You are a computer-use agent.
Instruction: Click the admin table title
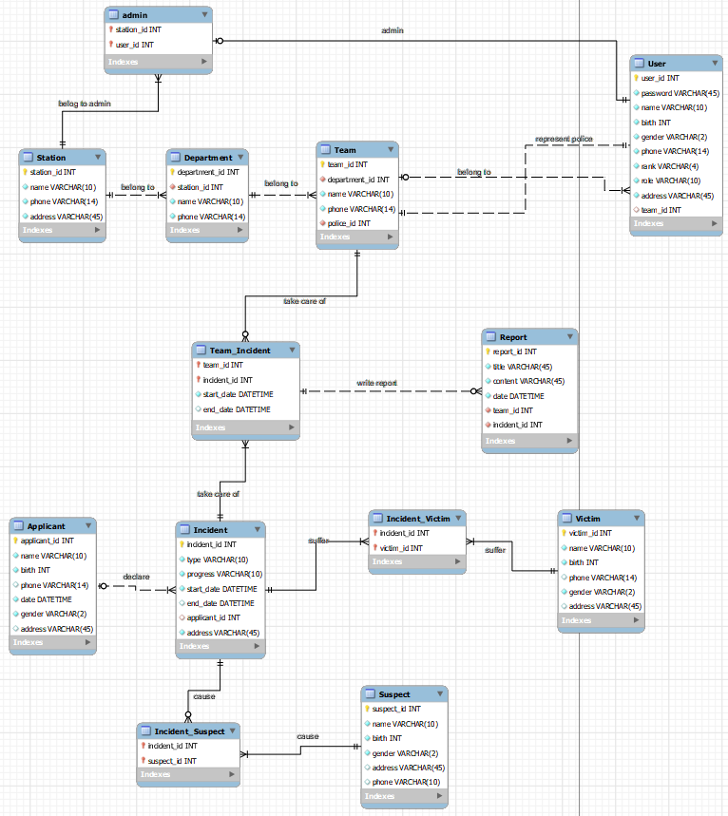(135, 15)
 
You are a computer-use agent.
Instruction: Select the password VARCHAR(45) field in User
(680, 93)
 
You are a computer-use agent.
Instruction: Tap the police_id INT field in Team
(349, 223)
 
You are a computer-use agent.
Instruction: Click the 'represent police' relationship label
(564, 139)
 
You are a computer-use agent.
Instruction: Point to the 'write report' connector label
(376, 383)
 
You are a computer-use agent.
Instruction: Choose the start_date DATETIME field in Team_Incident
(238, 394)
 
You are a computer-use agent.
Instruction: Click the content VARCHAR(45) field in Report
(528, 381)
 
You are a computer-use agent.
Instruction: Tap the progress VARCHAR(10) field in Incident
(224, 574)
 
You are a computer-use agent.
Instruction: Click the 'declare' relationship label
(136, 577)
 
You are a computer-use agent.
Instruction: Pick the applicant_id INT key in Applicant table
(48, 541)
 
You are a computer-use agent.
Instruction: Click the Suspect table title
(394, 694)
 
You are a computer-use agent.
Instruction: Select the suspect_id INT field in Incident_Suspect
(172, 761)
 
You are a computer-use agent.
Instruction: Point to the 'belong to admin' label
(85, 103)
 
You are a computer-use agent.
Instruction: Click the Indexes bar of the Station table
(62, 230)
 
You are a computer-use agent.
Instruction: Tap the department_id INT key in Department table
(208, 172)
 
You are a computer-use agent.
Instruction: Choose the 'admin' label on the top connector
(393, 30)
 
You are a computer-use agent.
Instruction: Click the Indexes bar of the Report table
(529, 441)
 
